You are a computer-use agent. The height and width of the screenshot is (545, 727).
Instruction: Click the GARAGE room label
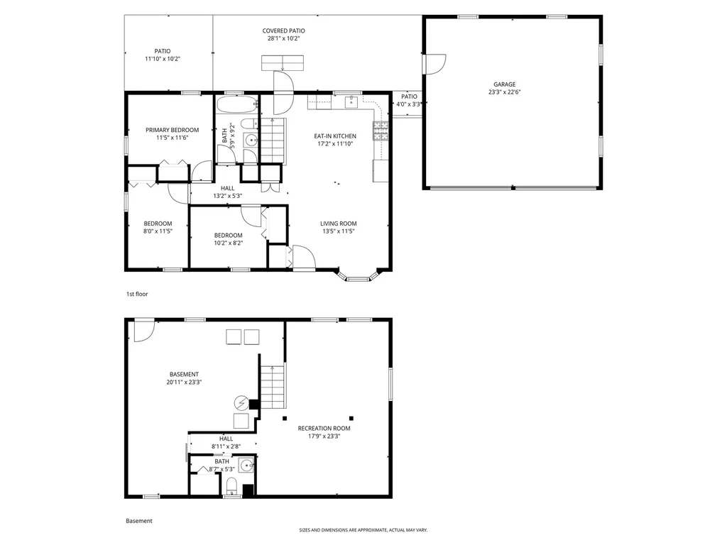[504, 84]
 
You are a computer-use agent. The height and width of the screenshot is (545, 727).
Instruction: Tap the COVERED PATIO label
[284, 31]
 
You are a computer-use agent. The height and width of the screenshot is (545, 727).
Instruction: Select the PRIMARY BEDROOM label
[172, 130]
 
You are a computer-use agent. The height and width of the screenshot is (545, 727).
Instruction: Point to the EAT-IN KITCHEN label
[335, 136]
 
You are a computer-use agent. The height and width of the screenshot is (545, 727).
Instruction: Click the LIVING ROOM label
[339, 224]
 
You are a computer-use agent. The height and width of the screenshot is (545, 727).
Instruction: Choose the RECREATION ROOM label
[324, 428]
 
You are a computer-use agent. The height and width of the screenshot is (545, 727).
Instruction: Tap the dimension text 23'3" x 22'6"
[504, 92]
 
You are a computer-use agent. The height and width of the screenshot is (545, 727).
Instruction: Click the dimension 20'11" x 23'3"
[184, 382]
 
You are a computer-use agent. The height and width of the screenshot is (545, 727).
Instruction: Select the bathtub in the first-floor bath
[237, 105]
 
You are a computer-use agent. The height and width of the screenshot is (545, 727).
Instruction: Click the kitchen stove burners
[381, 131]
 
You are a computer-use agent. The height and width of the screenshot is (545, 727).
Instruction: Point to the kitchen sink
[351, 102]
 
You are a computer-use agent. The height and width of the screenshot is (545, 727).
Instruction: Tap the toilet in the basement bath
[232, 486]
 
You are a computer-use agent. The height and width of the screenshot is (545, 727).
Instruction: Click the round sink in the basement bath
[246, 465]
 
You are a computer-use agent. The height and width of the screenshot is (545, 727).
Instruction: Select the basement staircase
[272, 387]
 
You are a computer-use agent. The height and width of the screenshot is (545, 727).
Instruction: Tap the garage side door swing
[436, 64]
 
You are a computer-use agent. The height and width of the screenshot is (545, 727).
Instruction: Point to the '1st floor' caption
[137, 294]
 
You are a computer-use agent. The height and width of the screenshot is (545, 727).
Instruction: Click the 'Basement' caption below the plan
[139, 521]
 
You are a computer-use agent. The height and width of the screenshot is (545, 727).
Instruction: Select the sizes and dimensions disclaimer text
[363, 529]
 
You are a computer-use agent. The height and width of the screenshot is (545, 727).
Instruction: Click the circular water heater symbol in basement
[241, 403]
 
